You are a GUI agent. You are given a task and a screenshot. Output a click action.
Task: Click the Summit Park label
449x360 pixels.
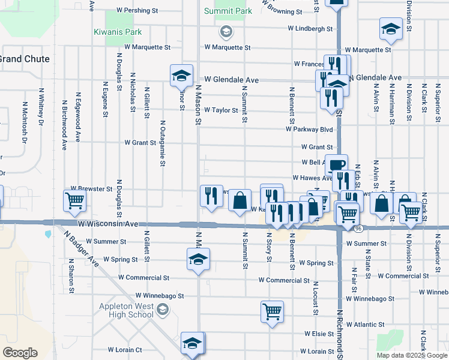click(228, 11)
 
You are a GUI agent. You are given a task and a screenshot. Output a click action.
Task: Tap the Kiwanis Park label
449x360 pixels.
click(116, 31)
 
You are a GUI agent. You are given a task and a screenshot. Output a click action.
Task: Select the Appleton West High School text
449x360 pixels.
click(126, 310)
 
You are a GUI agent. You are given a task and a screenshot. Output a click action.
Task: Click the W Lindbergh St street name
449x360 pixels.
click(310, 28)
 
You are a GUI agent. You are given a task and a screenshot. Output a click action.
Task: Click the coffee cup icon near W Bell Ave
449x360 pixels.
click(336, 164)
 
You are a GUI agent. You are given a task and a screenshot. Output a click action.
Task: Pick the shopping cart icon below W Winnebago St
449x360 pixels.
click(272, 311)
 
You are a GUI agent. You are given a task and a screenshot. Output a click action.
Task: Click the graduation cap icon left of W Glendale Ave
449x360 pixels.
click(181, 76)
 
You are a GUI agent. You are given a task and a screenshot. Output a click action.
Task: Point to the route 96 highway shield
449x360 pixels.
click(358, 229)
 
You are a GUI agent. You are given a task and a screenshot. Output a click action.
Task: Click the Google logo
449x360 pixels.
click(20, 353)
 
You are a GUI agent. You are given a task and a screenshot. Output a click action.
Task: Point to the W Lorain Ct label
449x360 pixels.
click(125, 349)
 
